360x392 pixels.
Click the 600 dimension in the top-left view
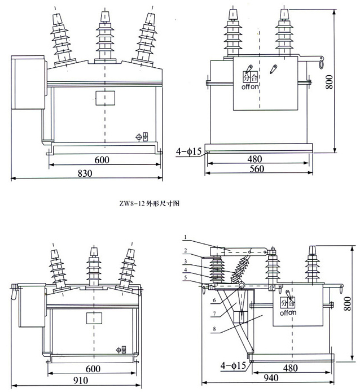pos(102,160)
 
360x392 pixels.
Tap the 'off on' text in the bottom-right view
pos(288,311)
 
